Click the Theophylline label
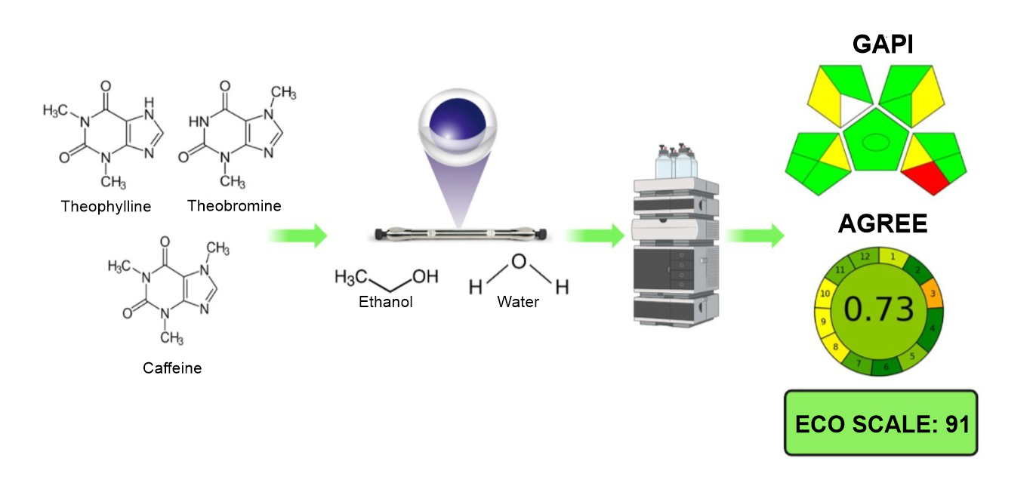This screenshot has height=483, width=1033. click(106, 206)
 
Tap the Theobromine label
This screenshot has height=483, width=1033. click(234, 205)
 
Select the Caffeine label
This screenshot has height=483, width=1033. click(172, 368)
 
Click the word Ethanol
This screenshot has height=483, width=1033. click(385, 303)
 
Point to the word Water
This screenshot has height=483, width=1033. click(518, 303)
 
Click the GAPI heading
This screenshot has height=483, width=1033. click(883, 45)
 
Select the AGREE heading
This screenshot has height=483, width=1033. click(883, 224)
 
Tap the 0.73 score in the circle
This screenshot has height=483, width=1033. click(878, 309)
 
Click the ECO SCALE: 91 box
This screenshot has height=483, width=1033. click(881, 423)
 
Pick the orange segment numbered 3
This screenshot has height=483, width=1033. click(933, 294)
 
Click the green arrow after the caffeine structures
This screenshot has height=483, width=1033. click(298, 235)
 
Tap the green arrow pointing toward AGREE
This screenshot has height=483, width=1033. click(755, 235)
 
